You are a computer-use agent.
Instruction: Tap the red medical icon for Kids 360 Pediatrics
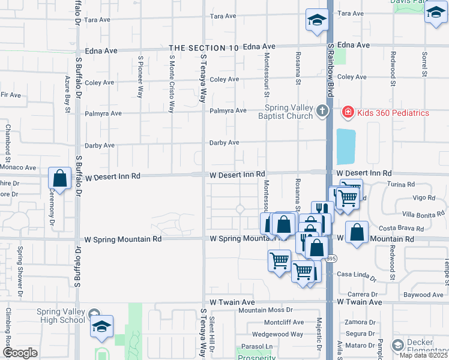(x=347, y=112)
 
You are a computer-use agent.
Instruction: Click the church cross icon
(x=323, y=111)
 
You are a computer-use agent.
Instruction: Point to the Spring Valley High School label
(x=61, y=316)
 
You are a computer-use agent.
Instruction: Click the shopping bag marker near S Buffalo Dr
(x=60, y=178)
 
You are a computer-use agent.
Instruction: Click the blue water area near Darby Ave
(x=345, y=147)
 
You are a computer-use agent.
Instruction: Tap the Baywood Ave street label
(x=423, y=295)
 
